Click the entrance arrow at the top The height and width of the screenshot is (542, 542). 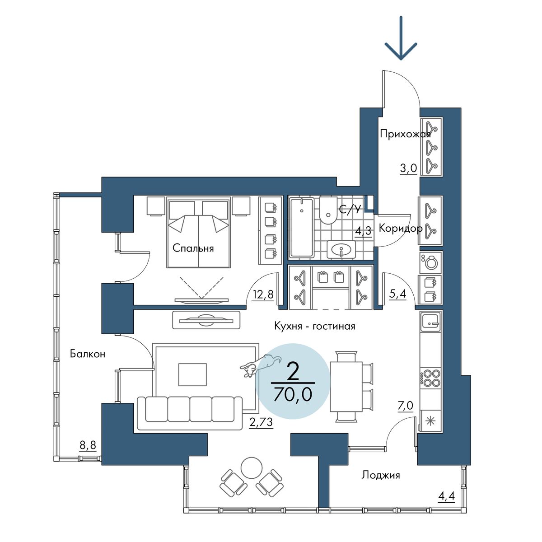click(401, 38)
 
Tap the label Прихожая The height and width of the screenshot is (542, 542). click(405, 134)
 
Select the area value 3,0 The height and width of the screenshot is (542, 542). click(408, 168)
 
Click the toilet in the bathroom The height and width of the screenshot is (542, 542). click(327, 210)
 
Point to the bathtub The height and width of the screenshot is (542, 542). click(302, 228)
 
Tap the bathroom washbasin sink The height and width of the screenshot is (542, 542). click(341, 249)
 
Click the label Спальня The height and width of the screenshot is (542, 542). click(193, 248)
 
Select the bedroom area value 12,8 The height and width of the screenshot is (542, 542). click(263, 295)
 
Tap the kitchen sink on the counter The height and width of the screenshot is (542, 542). click(430, 322)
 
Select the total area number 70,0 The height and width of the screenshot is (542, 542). click(293, 394)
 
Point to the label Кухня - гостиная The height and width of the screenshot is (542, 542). click(314, 327)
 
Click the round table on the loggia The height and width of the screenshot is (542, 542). click(252, 468)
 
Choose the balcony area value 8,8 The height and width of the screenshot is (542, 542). click(88, 445)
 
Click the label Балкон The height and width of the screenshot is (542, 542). click(88, 354)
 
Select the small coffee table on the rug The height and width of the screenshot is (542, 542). click(192, 374)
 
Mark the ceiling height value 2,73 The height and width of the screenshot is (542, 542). click(261, 422)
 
